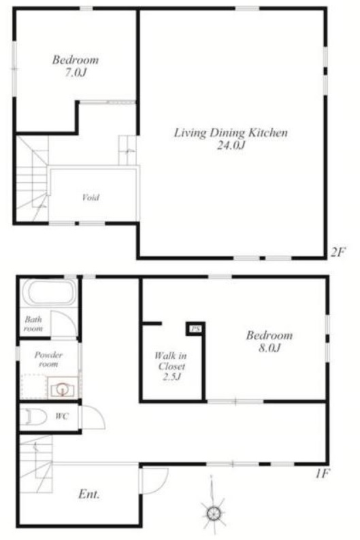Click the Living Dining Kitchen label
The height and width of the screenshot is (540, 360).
(x=231, y=133)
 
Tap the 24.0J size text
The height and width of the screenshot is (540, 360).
(x=231, y=146)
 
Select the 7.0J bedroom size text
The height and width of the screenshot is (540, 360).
(x=76, y=73)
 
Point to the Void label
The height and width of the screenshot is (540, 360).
(x=91, y=197)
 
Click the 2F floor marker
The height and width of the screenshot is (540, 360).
(x=338, y=252)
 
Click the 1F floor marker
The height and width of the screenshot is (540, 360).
(x=323, y=474)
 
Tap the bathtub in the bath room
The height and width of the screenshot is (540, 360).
(x=49, y=292)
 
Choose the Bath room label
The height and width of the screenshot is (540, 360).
(x=33, y=324)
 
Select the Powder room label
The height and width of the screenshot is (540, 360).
(x=48, y=359)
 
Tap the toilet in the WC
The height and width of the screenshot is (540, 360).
(x=33, y=418)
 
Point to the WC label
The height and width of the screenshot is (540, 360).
(x=62, y=416)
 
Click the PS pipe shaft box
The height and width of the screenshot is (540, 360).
(x=195, y=329)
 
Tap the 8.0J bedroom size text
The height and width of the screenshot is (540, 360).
(x=269, y=348)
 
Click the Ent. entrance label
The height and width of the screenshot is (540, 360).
(x=89, y=494)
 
